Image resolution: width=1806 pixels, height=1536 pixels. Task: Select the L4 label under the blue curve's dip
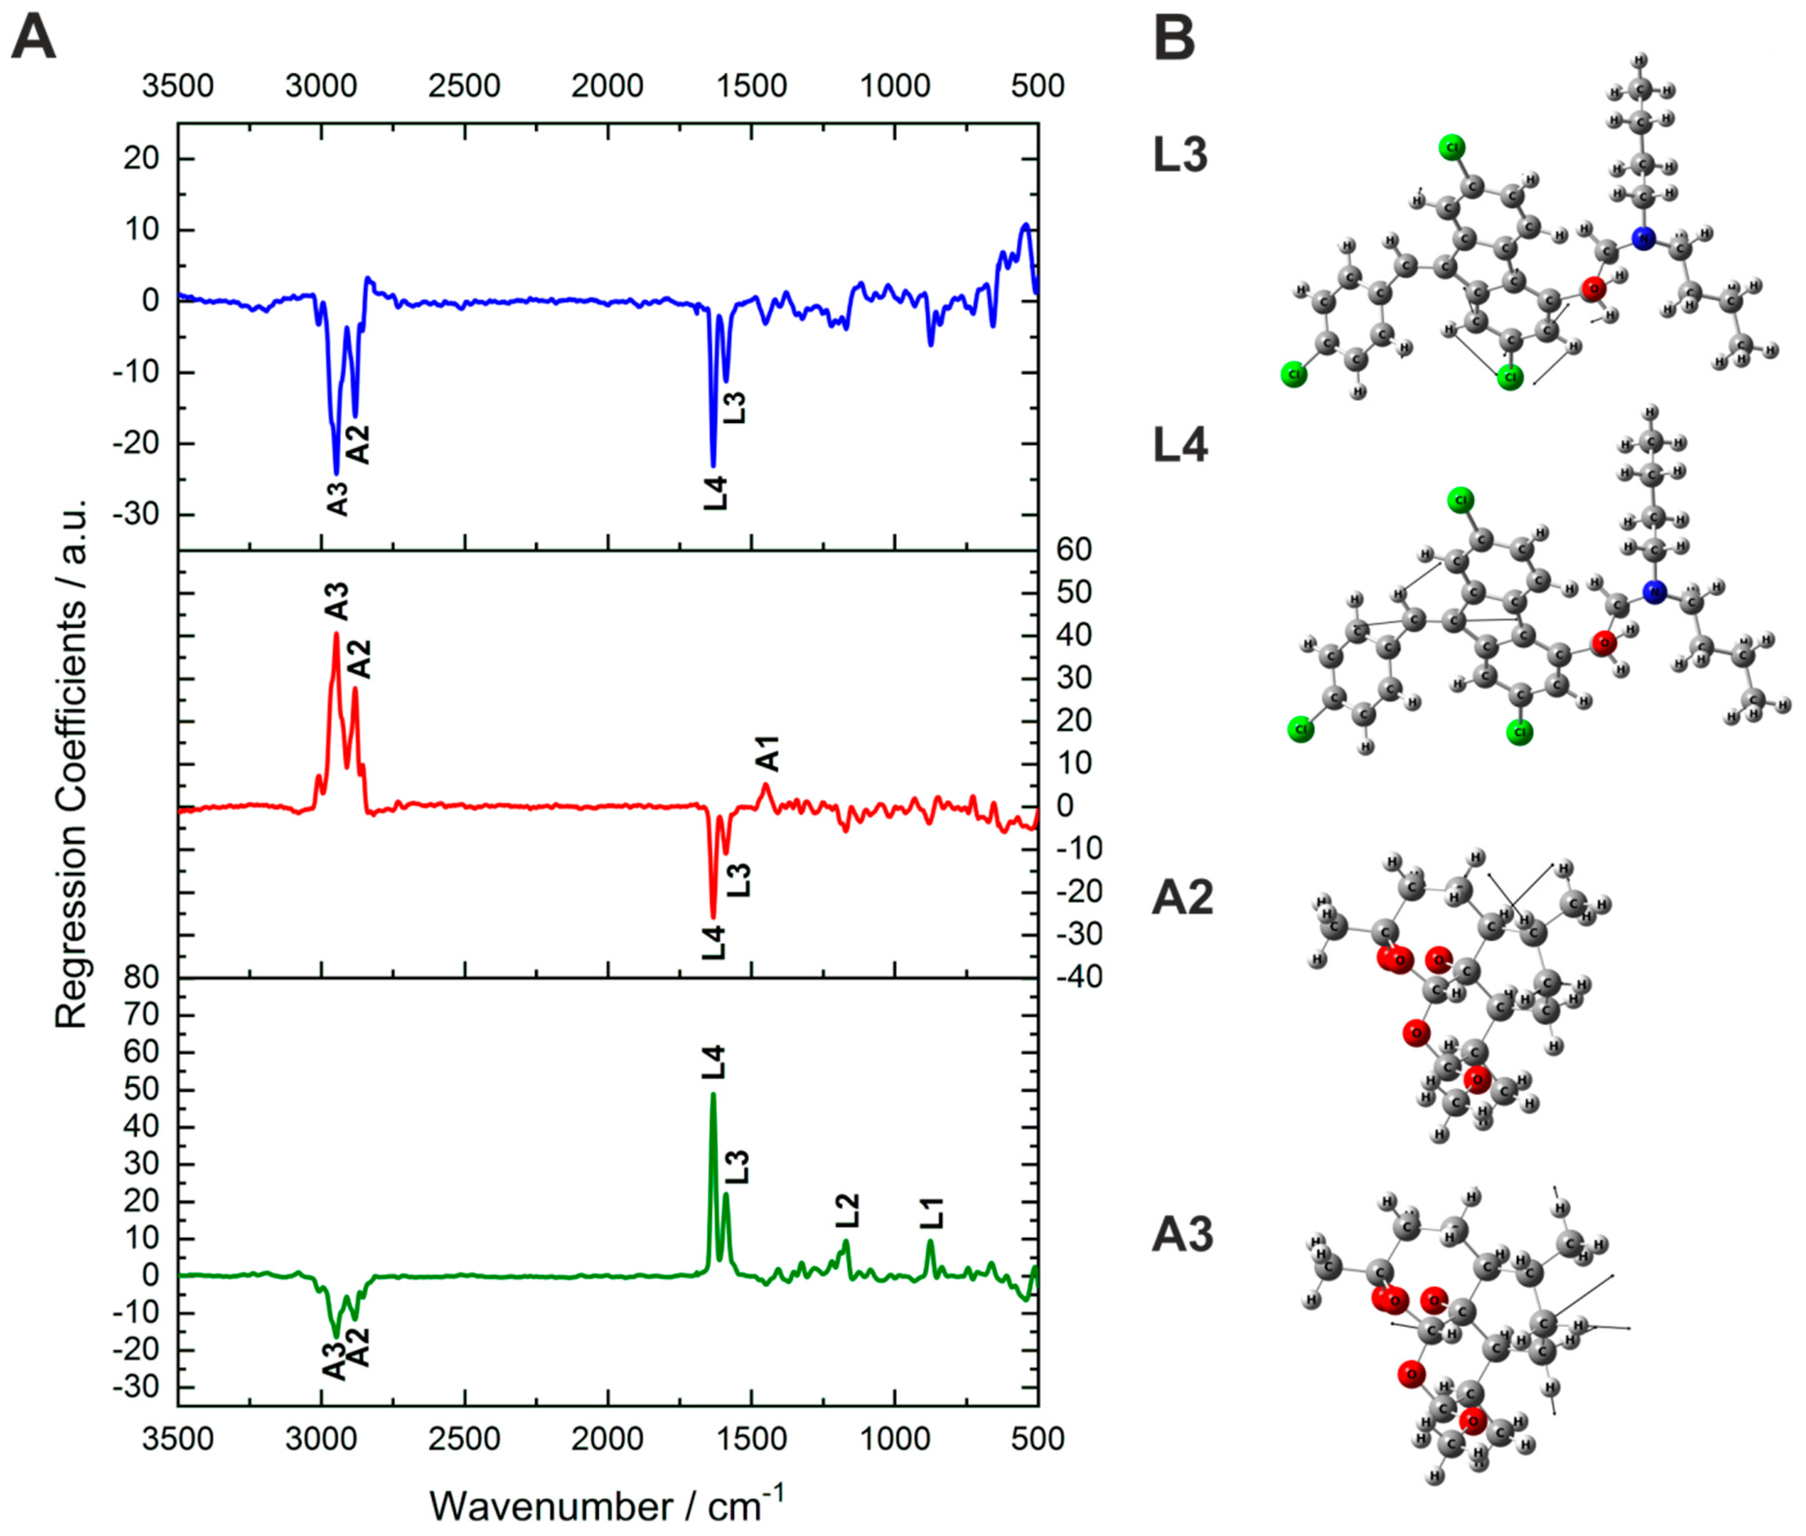(x=715, y=493)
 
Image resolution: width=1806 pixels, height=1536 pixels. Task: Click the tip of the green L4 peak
(x=713, y=1095)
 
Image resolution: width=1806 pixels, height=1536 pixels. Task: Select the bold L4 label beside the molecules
(x=1180, y=446)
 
